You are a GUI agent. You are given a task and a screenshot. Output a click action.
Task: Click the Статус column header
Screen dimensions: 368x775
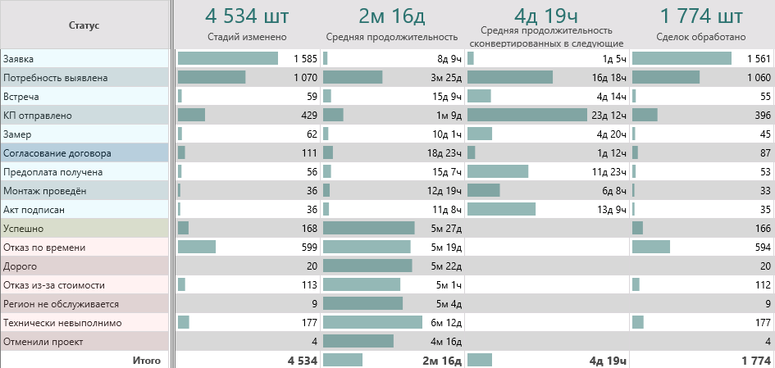point(84,25)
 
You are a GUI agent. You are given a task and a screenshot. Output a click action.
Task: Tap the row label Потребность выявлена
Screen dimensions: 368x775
point(55,78)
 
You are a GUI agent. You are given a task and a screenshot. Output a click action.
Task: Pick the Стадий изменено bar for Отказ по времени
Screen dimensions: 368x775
point(197,247)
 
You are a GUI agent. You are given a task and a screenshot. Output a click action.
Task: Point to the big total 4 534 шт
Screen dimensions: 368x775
point(247,16)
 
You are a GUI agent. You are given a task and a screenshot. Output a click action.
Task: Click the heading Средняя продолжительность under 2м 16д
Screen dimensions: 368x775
point(391,37)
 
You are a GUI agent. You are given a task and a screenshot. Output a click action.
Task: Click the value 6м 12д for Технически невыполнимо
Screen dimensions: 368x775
point(448,323)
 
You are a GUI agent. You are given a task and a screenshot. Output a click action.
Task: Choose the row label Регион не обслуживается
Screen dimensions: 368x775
point(61,304)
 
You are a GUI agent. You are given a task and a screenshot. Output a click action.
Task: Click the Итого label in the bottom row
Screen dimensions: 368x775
point(147,360)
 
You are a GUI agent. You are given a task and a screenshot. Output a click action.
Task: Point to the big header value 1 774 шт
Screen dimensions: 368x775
point(701,16)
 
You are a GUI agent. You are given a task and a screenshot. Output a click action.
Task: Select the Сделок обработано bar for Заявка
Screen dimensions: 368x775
point(682,59)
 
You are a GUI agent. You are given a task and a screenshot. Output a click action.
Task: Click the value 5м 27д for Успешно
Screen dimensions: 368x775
point(448,229)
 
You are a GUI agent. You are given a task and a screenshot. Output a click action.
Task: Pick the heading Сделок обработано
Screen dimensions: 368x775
point(701,37)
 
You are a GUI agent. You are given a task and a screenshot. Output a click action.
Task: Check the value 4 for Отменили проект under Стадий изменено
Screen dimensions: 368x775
point(314,342)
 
